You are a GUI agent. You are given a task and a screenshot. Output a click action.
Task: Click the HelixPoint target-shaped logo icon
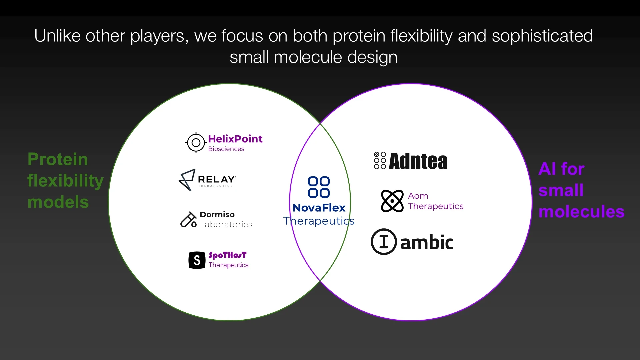[x=196, y=143]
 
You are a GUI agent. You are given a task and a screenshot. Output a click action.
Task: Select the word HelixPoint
[x=235, y=139]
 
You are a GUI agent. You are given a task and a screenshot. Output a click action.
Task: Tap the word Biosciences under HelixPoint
[x=226, y=149]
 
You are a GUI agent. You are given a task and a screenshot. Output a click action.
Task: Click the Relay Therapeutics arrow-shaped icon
[x=187, y=180]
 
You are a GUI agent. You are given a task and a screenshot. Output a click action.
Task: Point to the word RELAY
[x=217, y=179]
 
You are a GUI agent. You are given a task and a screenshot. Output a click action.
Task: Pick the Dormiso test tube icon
[x=189, y=220]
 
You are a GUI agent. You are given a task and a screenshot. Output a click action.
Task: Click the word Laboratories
[x=226, y=225]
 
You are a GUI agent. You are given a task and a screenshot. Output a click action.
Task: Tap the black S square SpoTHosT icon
[x=197, y=260]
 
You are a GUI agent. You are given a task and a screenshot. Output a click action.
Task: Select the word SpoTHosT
[x=228, y=255]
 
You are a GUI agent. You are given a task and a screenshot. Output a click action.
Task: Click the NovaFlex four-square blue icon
[x=319, y=187]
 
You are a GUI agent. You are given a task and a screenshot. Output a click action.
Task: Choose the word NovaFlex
[x=319, y=208]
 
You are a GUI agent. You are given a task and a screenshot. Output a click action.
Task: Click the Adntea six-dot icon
[x=380, y=160]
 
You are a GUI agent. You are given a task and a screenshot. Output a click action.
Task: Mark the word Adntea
[x=418, y=161]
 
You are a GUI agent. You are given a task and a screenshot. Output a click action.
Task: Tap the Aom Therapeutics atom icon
[x=392, y=201]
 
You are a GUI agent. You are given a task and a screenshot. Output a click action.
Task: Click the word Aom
[x=418, y=196]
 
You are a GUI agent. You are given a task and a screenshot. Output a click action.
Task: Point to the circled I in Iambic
[x=384, y=242]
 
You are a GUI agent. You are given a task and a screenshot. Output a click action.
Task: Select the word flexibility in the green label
[x=65, y=181]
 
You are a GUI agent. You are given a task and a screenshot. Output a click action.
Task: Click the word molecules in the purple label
[x=582, y=212]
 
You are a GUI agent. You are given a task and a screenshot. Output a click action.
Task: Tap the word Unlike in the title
[x=58, y=36]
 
